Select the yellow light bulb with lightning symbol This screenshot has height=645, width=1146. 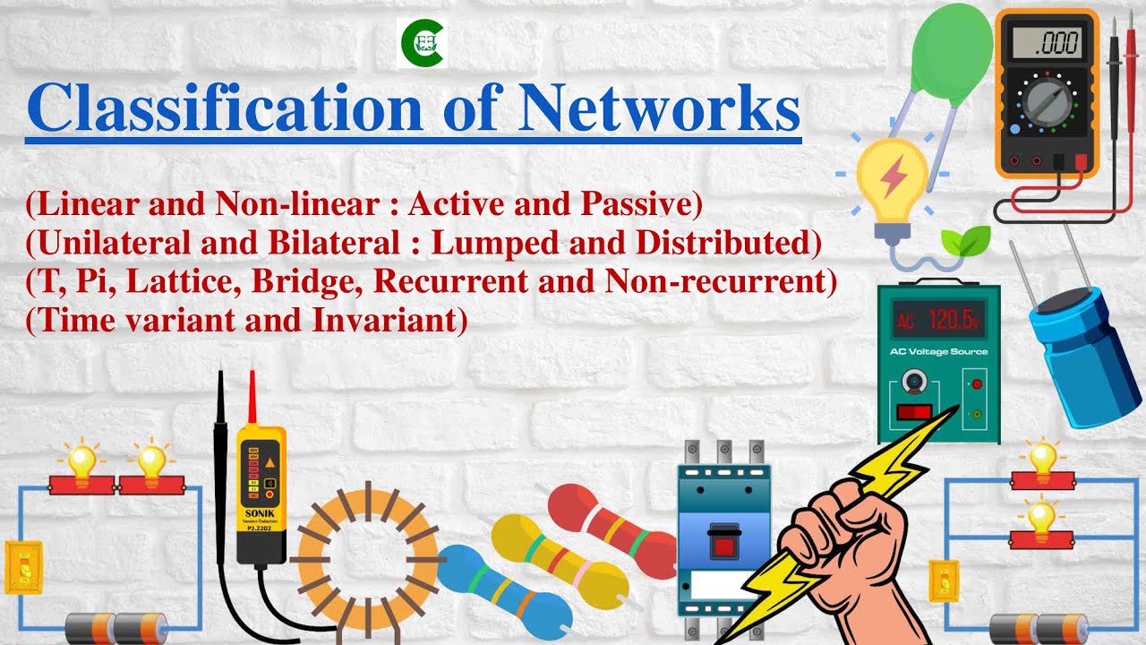pos(891,179)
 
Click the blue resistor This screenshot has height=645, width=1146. pos(506,587)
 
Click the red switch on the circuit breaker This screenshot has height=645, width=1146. pos(722,545)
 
